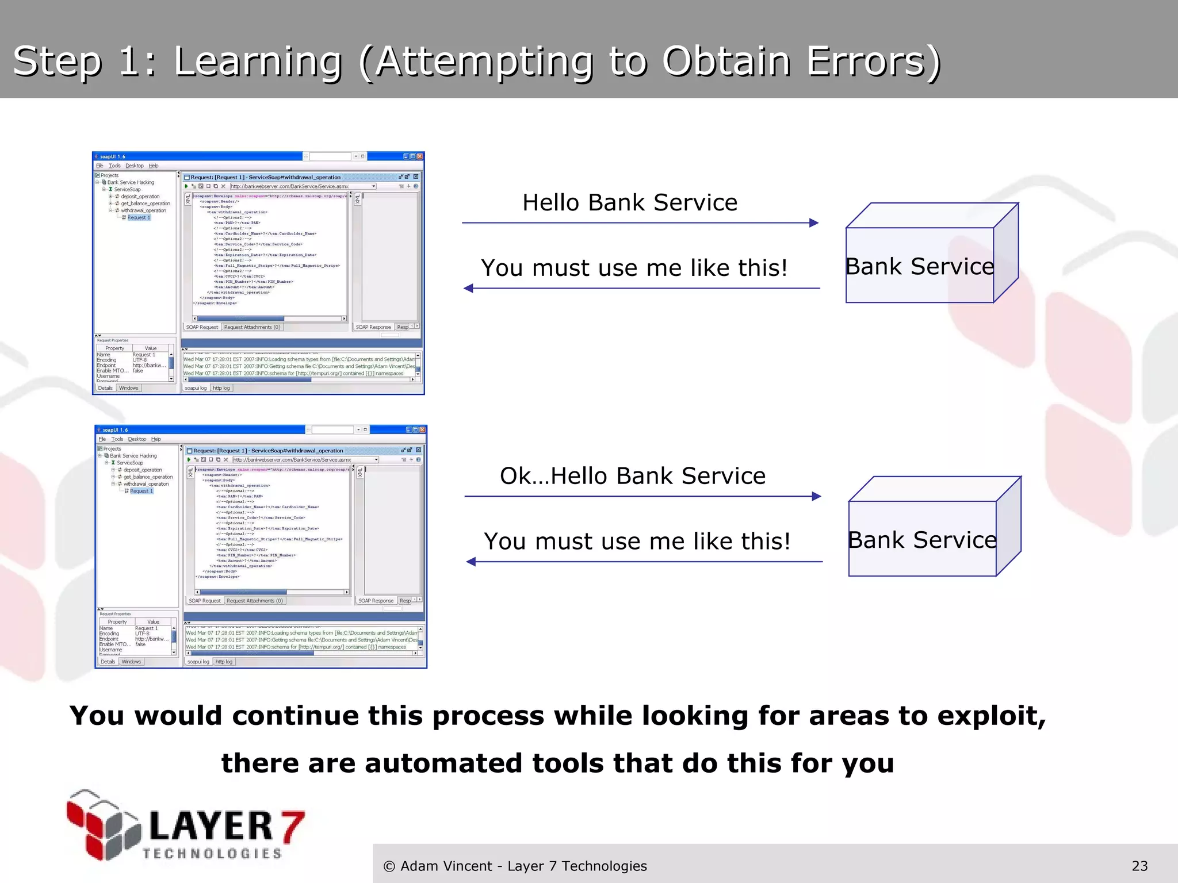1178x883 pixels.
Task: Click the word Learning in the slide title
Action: click(x=258, y=62)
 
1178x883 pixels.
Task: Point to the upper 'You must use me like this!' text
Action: click(x=634, y=268)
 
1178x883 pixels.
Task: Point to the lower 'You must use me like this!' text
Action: click(x=637, y=542)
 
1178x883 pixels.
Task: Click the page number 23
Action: click(x=1139, y=866)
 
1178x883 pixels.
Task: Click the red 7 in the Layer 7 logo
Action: click(x=292, y=826)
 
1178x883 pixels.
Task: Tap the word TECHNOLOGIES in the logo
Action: click(x=212, y=854)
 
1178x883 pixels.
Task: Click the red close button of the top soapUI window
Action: click(x=420, y=156)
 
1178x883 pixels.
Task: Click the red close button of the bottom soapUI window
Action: click(x=423, y=430)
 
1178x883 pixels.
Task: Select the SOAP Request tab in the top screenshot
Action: click(x=202, y=327)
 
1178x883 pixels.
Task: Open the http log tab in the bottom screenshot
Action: click(x=224, y=662)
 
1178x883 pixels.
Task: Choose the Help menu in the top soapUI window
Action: click(x=153, y=166)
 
